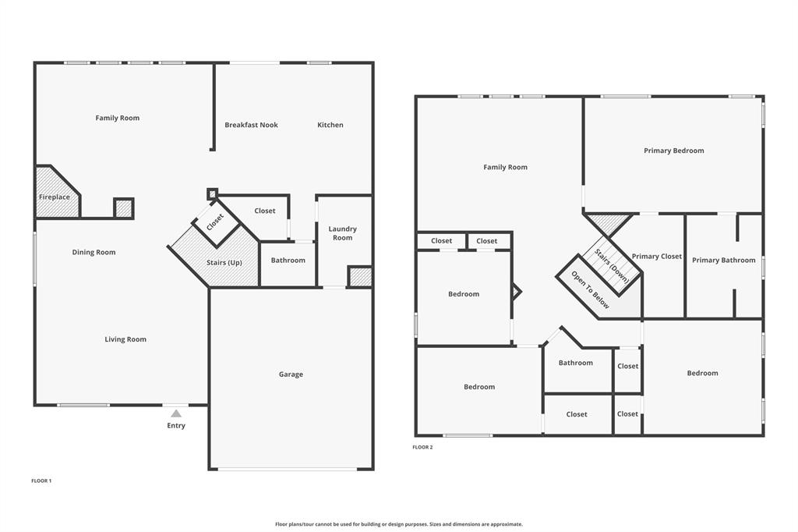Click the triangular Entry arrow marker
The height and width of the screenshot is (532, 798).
click(176, 413)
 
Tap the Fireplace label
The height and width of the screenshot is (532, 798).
click(55, 197)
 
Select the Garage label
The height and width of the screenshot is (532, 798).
click(291, 374)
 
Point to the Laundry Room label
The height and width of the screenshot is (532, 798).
click(342, 233)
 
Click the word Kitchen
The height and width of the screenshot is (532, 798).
click(330, 125)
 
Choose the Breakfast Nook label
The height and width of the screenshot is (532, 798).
click(251, 125)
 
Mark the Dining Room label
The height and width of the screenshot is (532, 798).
click(94, 252)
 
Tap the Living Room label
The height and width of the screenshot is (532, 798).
click(125, 339)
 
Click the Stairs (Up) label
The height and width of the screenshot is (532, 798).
click(224, 262)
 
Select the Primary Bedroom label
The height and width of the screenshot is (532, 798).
click(673, 151)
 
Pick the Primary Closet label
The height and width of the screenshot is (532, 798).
click(656, 257)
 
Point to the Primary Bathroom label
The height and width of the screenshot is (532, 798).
click(723, 260)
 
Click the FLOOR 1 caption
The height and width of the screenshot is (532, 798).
click(41, 481)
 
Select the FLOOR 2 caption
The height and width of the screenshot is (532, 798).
click(422, 447)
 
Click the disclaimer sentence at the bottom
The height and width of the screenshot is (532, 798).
click(399, 524)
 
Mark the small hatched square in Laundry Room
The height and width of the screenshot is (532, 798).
click(359, 277)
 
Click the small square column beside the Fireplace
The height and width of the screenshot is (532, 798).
click(124, 208)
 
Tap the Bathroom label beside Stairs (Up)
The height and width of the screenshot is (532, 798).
click(288, 260)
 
